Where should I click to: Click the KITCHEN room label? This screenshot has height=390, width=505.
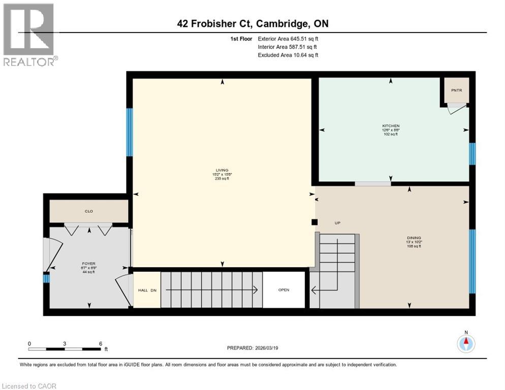click(x=391, y=125)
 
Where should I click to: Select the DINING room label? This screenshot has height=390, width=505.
click(x=414, y=238)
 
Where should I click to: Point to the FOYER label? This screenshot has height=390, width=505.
click(x=89, y=264)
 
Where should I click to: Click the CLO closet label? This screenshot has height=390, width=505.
click(x=89, y=211)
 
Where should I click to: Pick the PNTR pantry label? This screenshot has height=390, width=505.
click(x=454, y=90)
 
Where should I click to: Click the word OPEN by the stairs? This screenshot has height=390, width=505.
click(x=283, y=290)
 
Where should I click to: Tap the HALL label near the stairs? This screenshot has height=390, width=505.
click(x=143, y=290)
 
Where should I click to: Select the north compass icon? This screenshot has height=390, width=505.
click(x=465, y=343)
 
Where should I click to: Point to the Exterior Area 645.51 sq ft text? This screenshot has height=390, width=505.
click(x=288, y=39)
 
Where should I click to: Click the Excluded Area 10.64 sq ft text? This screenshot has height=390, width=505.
click(x=288, y=55)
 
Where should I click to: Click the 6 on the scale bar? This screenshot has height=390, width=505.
click(x=101, y=343)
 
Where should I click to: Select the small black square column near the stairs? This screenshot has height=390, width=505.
click(x=314, y=222)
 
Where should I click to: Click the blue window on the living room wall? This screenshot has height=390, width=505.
click(x=130, y=132)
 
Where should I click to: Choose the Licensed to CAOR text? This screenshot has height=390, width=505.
click(x=29, y=386)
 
